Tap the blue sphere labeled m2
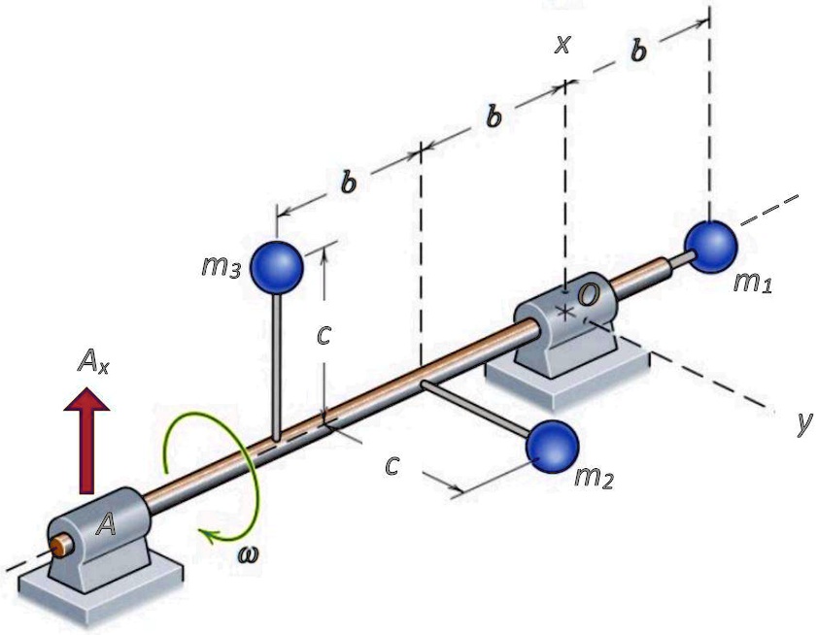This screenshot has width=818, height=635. point(552,446)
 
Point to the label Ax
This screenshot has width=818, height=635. point(94,364)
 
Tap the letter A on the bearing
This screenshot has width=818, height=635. point(107,525)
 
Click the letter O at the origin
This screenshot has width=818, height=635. point(588,293)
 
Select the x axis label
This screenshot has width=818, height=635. point(562,45)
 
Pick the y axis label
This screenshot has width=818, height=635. point(801,424)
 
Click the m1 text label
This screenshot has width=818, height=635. point(754,284)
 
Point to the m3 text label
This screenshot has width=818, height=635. point(221,267)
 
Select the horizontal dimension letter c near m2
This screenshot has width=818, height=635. point(392,465)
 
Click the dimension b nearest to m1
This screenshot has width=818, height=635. point(637,51)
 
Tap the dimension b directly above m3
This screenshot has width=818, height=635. point(347,181)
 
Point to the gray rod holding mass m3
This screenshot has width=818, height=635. point(278,369)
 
